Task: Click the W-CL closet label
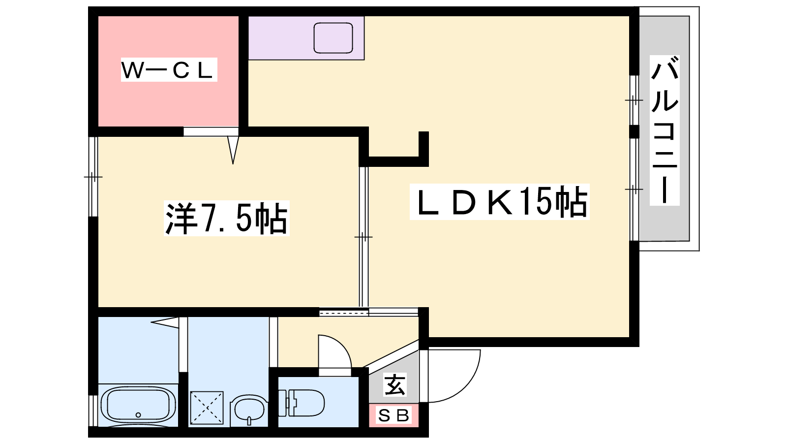[x=168, y=70]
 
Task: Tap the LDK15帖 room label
[x=499, y=202]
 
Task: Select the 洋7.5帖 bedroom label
[x=226, y=218]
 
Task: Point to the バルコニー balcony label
[x=665, y=130]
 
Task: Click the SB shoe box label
[x=393, y=416]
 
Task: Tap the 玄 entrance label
[x=395, y=385]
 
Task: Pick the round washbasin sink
[x=249, y=409]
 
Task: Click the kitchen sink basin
[x=333, y=38]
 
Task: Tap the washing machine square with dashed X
[x=207, y=408]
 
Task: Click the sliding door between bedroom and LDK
[x=363, y=236]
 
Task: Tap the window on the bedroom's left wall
[x=93, y=176]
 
